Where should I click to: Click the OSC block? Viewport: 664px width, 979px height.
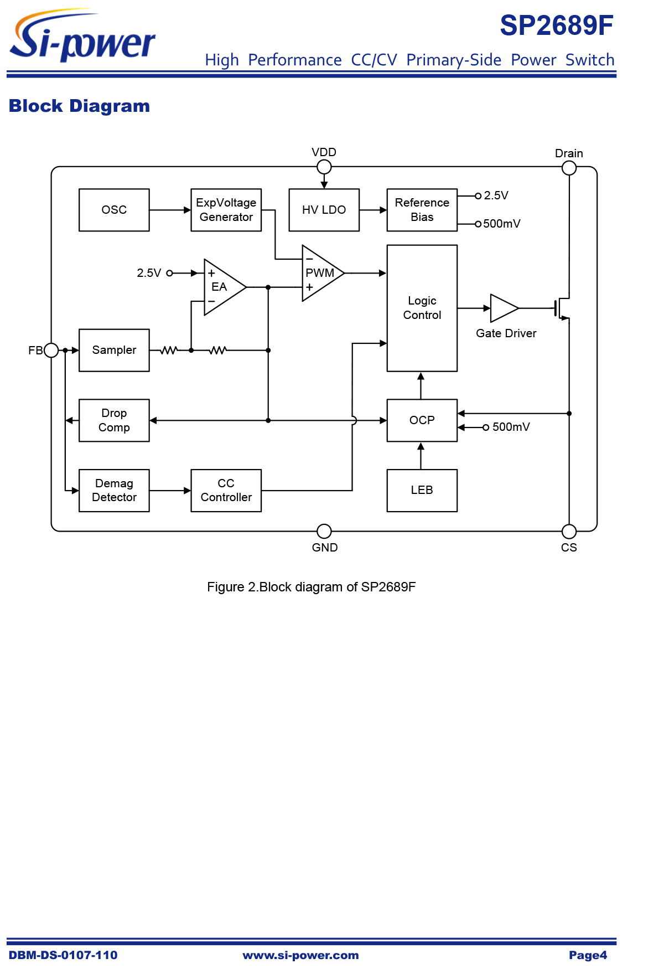pos(114,210)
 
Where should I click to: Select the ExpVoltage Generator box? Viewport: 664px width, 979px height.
pos(226,210)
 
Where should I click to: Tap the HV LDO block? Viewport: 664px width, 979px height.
pos(324,210)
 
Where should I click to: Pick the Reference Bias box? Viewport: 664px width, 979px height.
pos(422,210)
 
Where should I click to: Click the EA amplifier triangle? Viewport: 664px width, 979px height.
pos(221,287)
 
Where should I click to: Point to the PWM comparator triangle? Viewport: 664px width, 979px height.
pos(320,273)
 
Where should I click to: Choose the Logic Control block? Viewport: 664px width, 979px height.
pos(422,308)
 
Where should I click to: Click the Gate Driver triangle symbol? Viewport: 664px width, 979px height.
pos(502,308)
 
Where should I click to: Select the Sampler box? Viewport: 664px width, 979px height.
pos(114,350)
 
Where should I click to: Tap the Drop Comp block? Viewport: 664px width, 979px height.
pos(114,420)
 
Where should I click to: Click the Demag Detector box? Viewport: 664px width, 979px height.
pos(114,491)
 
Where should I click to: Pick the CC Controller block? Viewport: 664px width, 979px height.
pos(226,491)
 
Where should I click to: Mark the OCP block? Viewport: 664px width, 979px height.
pos(422,420)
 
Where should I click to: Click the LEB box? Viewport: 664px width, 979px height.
pos(422,491)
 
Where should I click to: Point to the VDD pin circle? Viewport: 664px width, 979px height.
pos(324,167)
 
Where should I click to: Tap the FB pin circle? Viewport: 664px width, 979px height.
pos(51,350)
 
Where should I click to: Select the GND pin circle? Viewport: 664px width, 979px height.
pos(324,532)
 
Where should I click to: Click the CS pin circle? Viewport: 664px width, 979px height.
pos(569,532)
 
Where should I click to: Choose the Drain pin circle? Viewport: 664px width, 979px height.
pos(569,168)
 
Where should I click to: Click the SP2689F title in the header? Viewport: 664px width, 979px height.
pos(557,25)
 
